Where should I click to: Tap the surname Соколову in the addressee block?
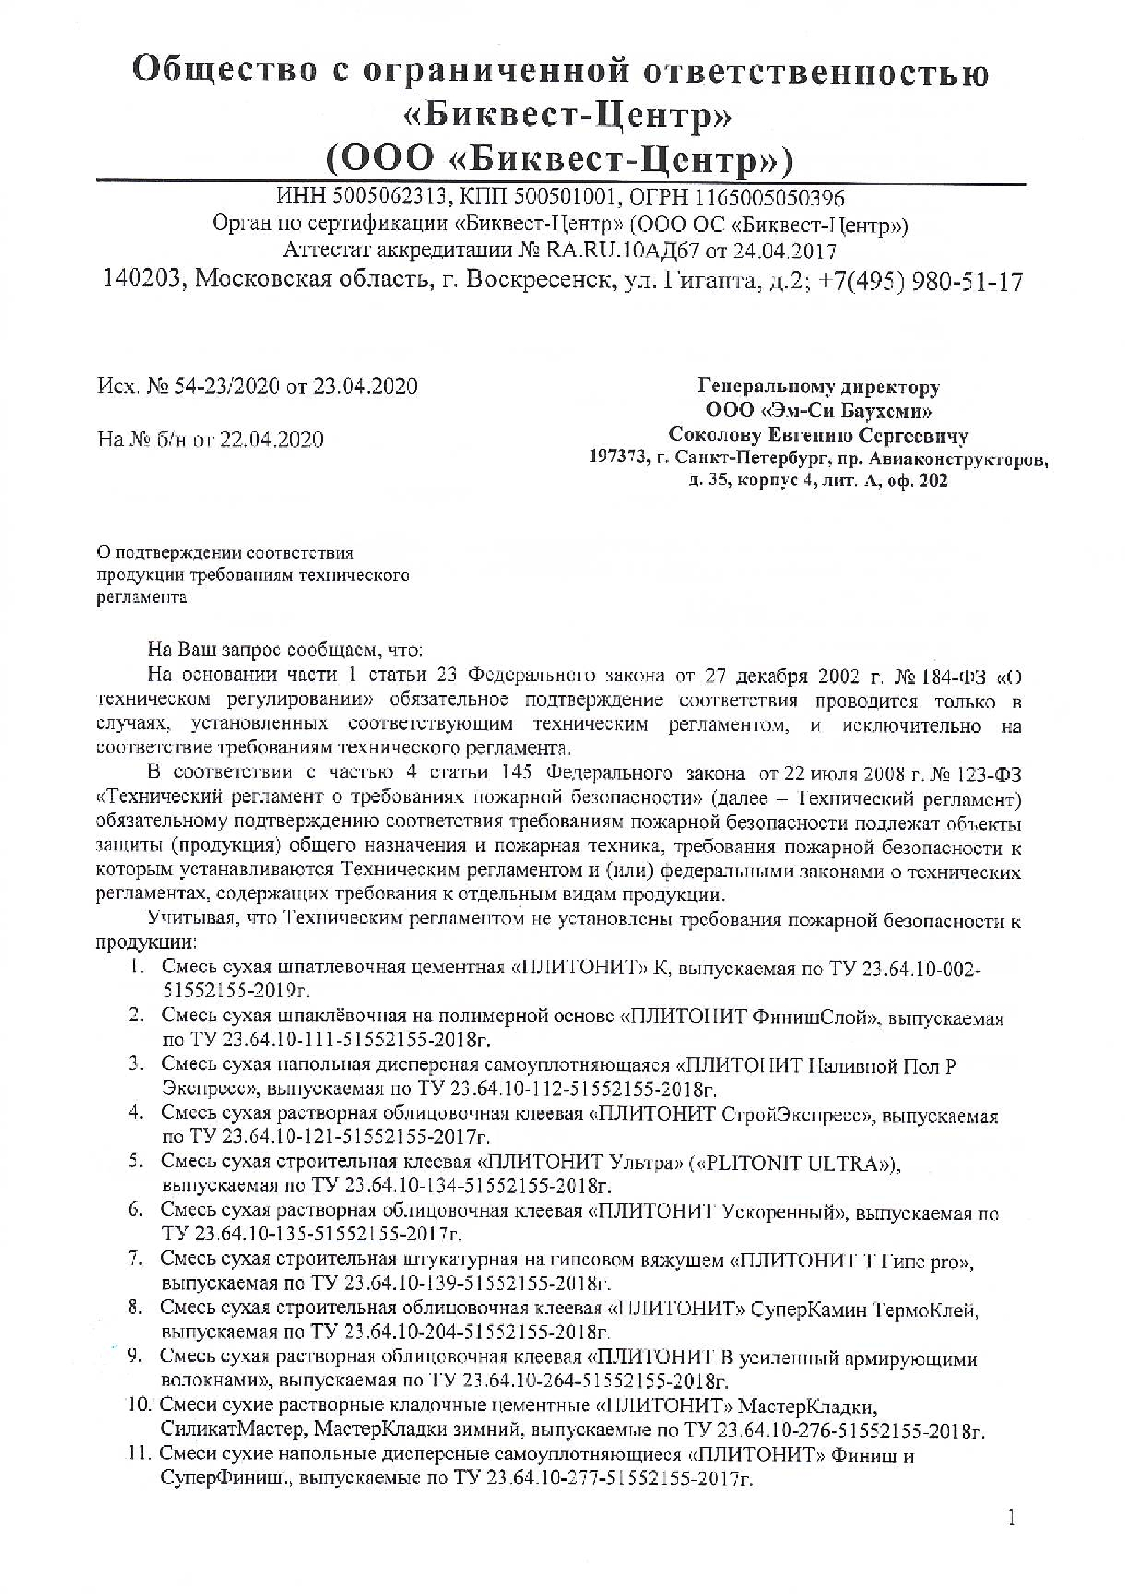coord(714,435)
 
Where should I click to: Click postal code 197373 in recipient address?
coord(618,458)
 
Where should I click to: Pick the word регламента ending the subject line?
coord(142,598)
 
